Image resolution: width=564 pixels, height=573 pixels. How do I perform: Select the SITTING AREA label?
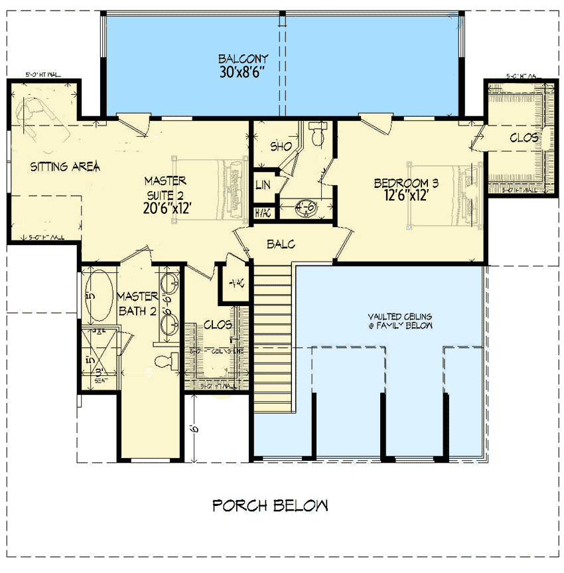(65, 167)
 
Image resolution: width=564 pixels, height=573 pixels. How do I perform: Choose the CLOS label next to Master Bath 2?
(218, 325)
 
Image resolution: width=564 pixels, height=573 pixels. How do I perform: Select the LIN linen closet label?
(263, 185)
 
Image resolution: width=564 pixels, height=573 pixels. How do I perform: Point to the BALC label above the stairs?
(281, 244)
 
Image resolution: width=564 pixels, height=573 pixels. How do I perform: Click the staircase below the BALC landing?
(273, 332)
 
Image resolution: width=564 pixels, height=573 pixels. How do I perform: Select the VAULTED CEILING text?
(401, 321)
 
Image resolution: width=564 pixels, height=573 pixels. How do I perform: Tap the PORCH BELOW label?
(269, 506)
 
